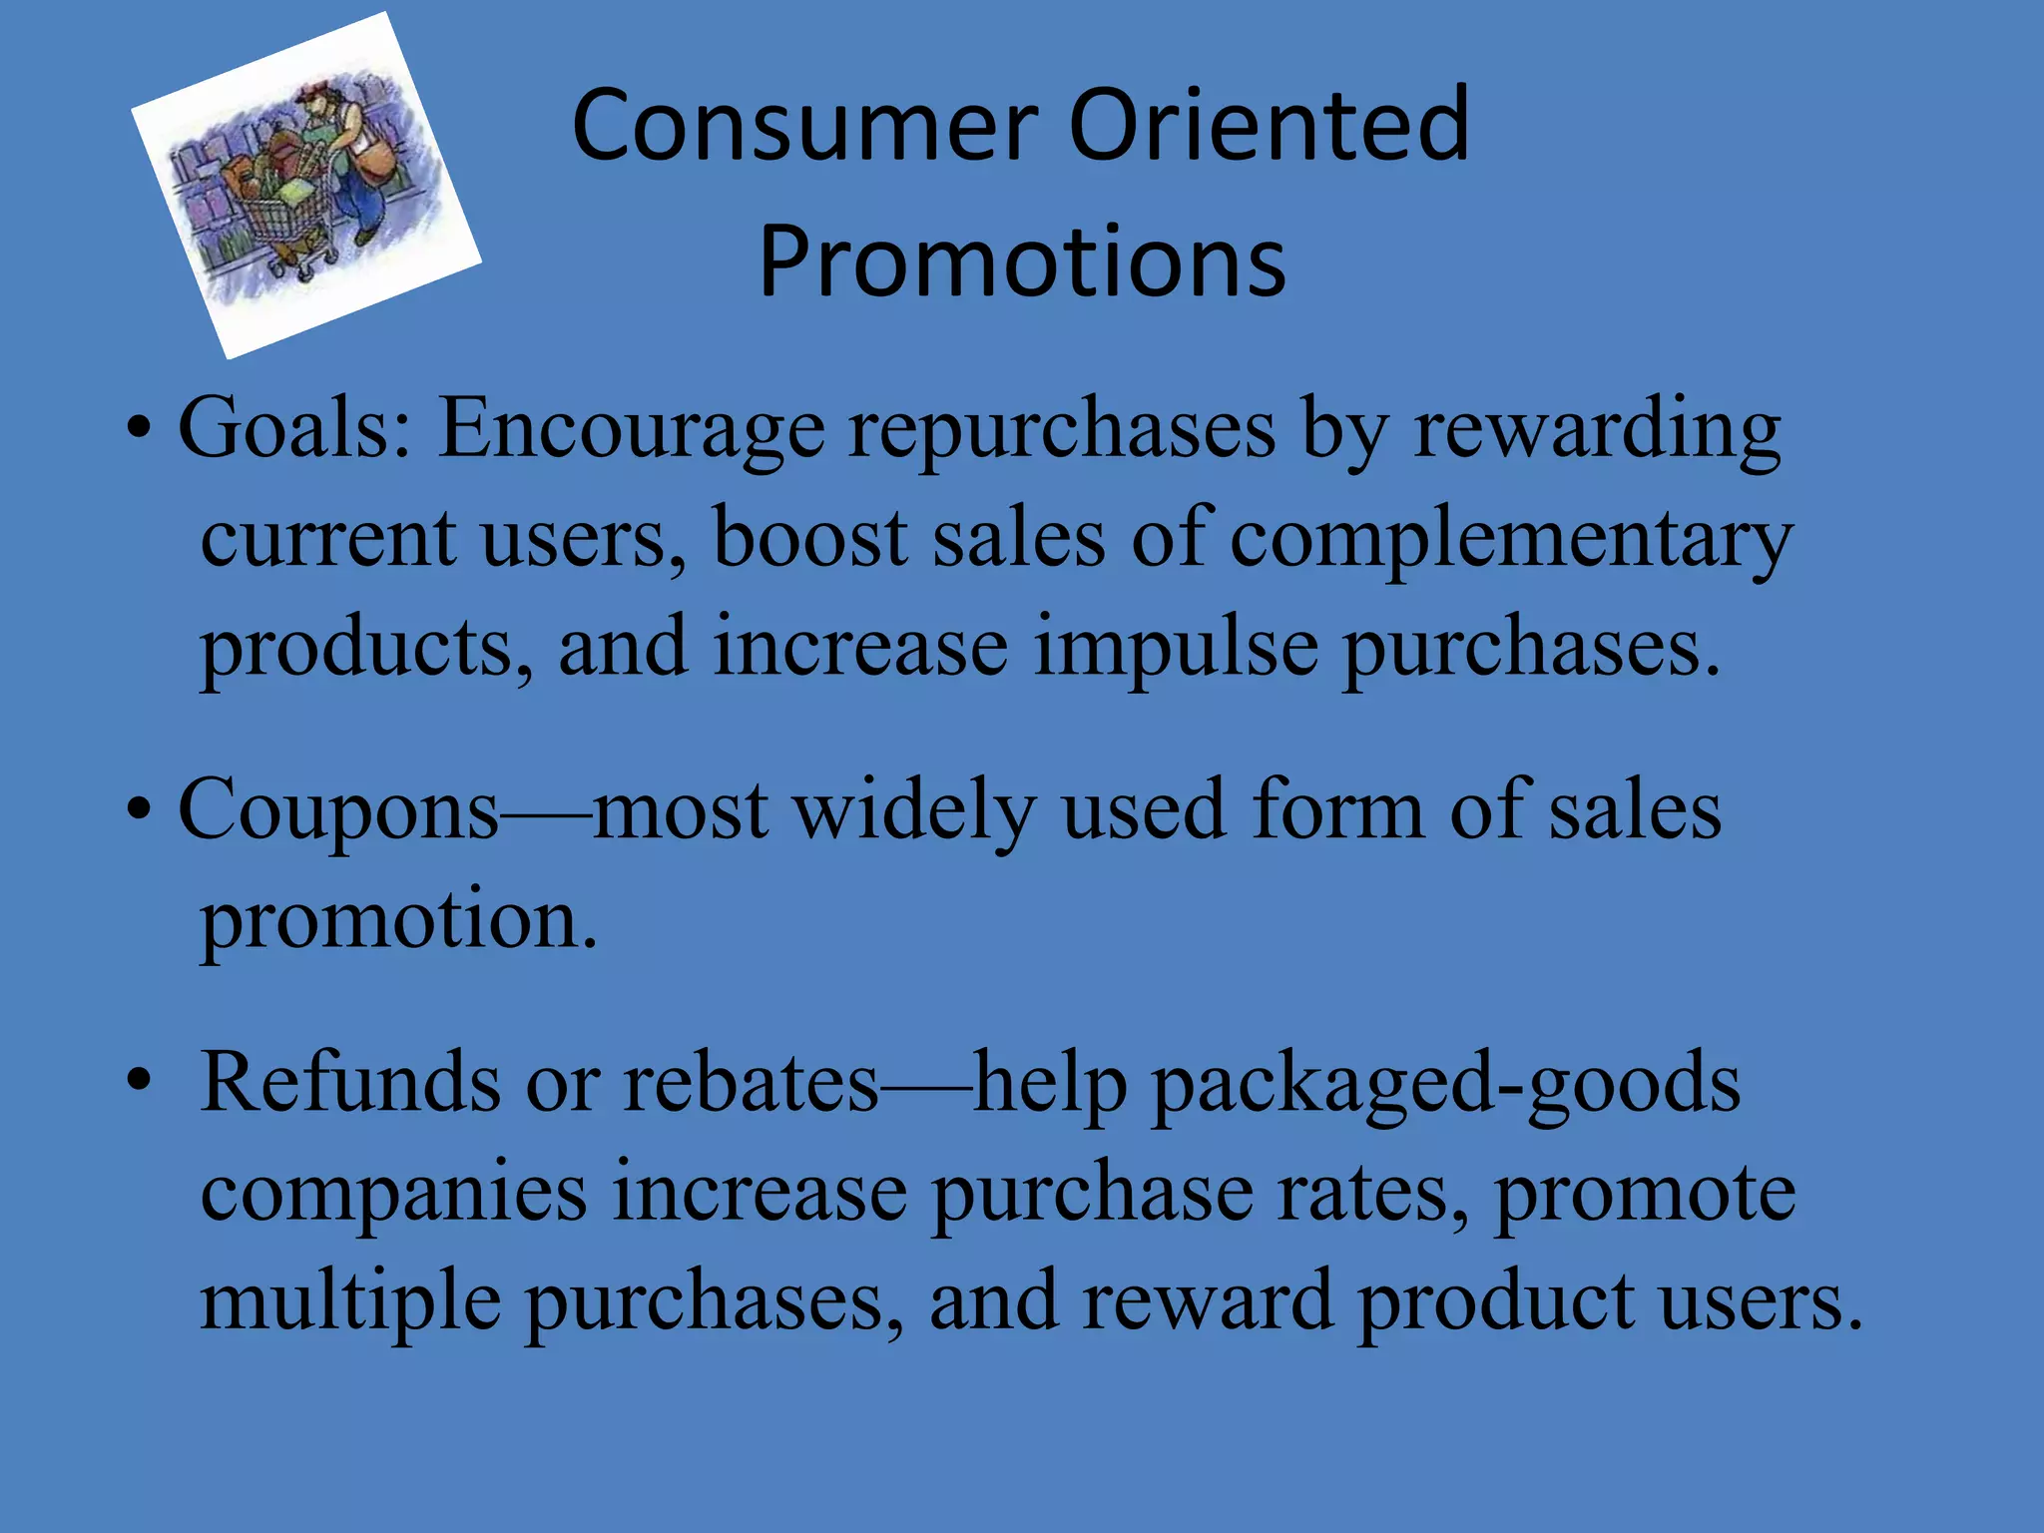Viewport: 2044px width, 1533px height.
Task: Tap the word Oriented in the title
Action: coord(1269,125)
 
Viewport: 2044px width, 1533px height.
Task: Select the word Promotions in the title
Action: coord(1022,261)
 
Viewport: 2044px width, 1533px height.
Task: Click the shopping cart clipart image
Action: coord(305,186)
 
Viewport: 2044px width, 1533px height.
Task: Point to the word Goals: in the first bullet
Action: coord(295,429)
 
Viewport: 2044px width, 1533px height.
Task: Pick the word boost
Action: coord(809,539)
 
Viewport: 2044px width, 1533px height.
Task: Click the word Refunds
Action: coord(349,1083)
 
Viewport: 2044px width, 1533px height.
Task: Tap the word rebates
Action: coord(751,1083)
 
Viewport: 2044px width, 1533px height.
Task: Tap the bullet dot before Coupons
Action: coord(139,809)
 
